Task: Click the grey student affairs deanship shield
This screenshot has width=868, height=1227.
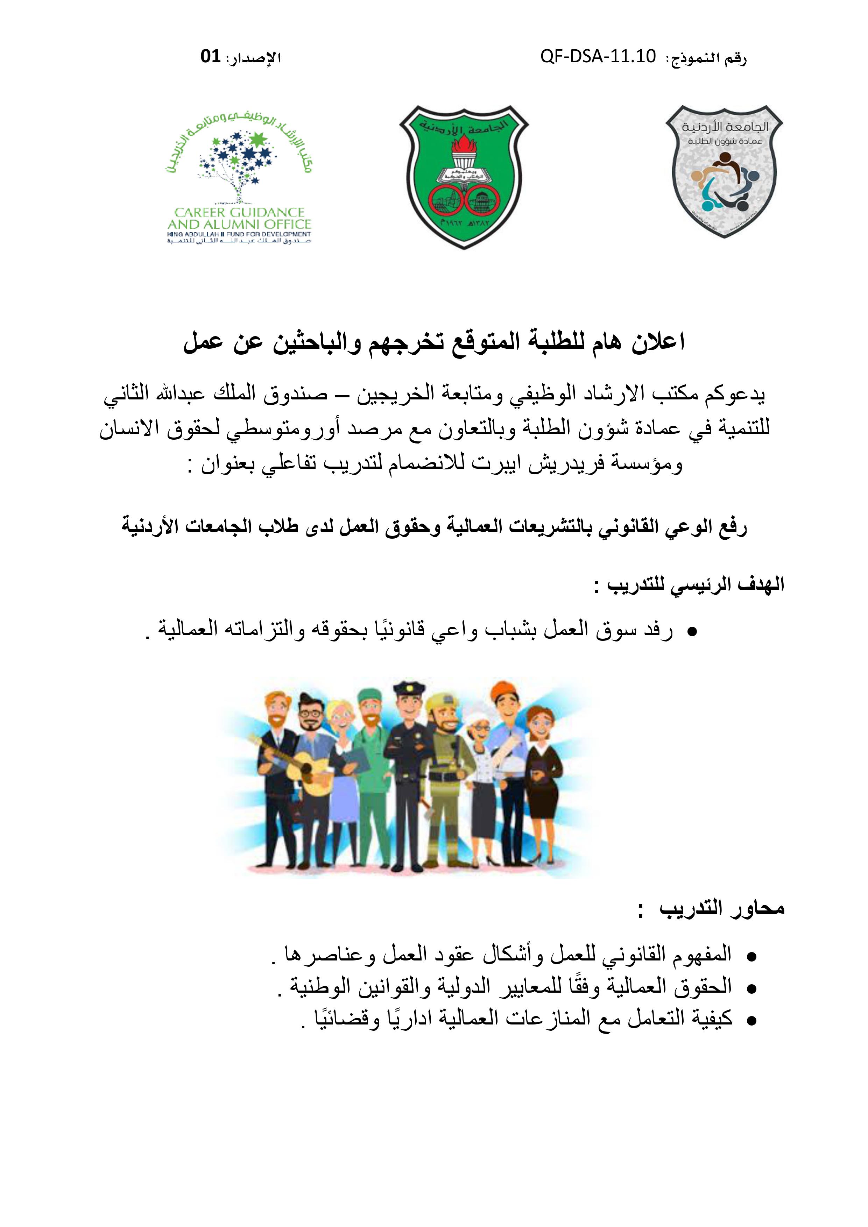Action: [724, 171]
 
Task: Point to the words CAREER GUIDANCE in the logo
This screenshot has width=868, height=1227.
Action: [239, 213]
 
